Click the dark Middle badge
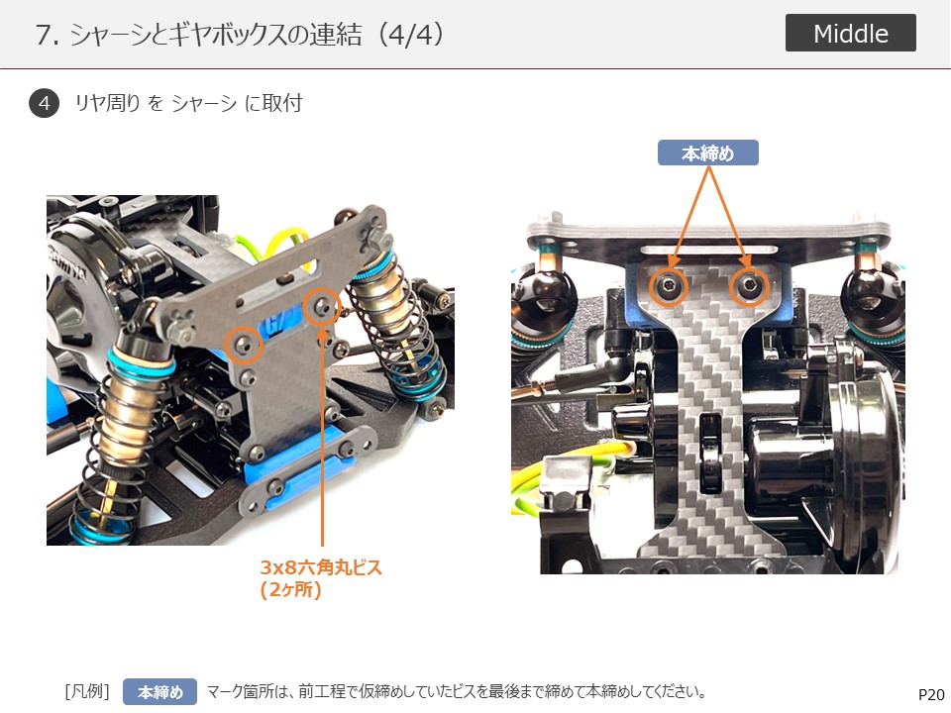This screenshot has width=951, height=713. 850,33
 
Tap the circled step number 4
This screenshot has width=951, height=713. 45,103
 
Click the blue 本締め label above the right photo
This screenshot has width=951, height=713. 707,153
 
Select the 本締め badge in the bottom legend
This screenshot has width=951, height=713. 160,692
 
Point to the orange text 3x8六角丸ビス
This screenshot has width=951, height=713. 321,567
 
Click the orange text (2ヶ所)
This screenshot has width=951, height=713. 290,590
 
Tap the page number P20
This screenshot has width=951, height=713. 931,695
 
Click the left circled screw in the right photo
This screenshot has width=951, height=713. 669,286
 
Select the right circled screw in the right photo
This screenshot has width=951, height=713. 750,286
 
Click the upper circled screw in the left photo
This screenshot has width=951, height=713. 321,308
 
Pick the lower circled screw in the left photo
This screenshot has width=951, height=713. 244,345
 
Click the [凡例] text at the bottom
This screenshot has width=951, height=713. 87,691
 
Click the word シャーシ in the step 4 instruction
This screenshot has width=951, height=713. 204,103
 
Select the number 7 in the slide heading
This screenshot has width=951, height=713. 44,36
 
